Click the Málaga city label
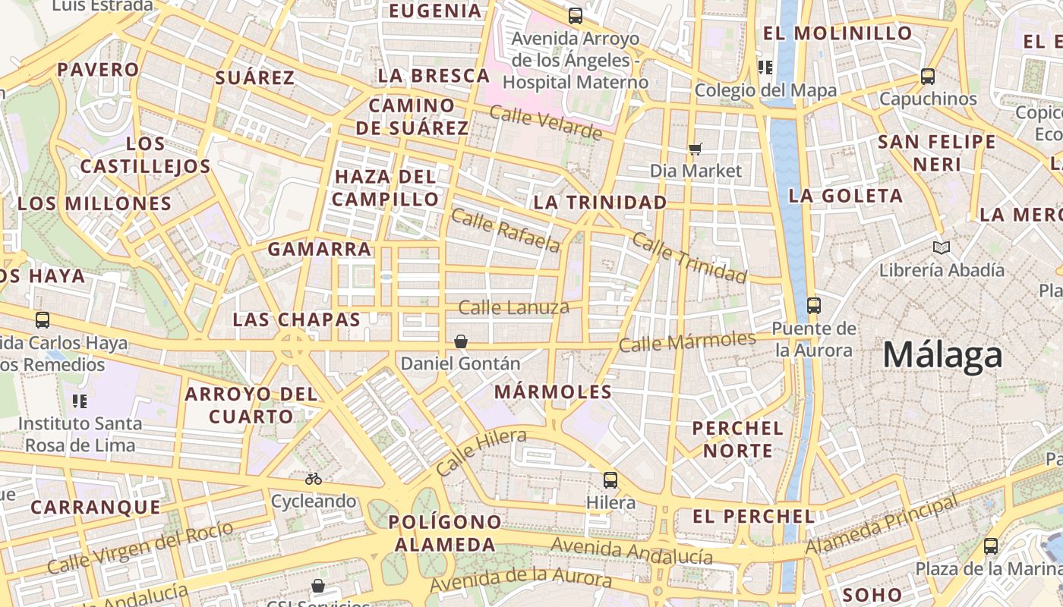tap(942, 355)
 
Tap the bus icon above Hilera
tap(610, 480)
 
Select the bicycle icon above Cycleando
tap(314, 479)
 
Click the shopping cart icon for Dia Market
tap(695, 149)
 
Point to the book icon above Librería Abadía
tap(942, 247)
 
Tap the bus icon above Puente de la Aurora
tap(814, 306)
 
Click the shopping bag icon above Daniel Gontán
tap(461, 341)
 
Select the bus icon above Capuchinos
tap(928, 76)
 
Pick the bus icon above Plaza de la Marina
tap(991, 546)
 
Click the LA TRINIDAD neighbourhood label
tap(600, 203)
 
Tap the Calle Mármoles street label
tap(687, 341)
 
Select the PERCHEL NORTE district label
tap(737, 439)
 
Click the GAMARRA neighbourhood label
tap(319, 249)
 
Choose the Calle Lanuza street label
tap(514, 307)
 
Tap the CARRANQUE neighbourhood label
tap(96, 507)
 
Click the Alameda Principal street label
tap(882, 525)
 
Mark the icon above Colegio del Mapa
tap(765, 68)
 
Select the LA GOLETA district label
tap(846, 196)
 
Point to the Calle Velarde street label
tap(545, 123)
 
